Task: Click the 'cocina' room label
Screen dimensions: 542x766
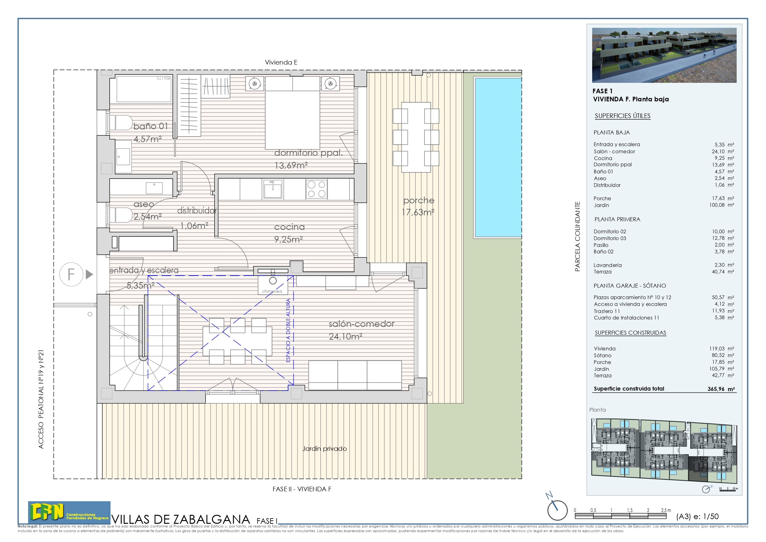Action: [289, 227]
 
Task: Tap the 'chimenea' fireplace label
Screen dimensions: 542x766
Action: [272, 291]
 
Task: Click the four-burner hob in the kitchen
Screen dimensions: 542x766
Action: [316, 189]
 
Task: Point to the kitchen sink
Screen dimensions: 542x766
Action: [273, 189]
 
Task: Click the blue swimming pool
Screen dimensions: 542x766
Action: [498, 157]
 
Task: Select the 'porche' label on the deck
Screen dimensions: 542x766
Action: [418, 200]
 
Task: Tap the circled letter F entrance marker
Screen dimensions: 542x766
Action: [71, 274]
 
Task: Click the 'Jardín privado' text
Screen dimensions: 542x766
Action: [324, 448]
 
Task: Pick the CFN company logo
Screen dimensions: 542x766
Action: [69, 512]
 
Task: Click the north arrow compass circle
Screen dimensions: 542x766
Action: [557, 510]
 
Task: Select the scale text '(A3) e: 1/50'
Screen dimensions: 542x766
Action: [697, 516]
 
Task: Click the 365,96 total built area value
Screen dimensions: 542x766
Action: [716, 389]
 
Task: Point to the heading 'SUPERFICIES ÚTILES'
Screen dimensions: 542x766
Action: [622, 116]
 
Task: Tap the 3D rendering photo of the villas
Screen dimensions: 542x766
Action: [664, 55]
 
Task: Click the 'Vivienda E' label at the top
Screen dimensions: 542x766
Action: [281, 62]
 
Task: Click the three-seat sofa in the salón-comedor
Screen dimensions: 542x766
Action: [355, 375]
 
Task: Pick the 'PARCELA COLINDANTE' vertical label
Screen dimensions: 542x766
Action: [577, 236]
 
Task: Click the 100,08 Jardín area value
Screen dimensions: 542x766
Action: [717, 205]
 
